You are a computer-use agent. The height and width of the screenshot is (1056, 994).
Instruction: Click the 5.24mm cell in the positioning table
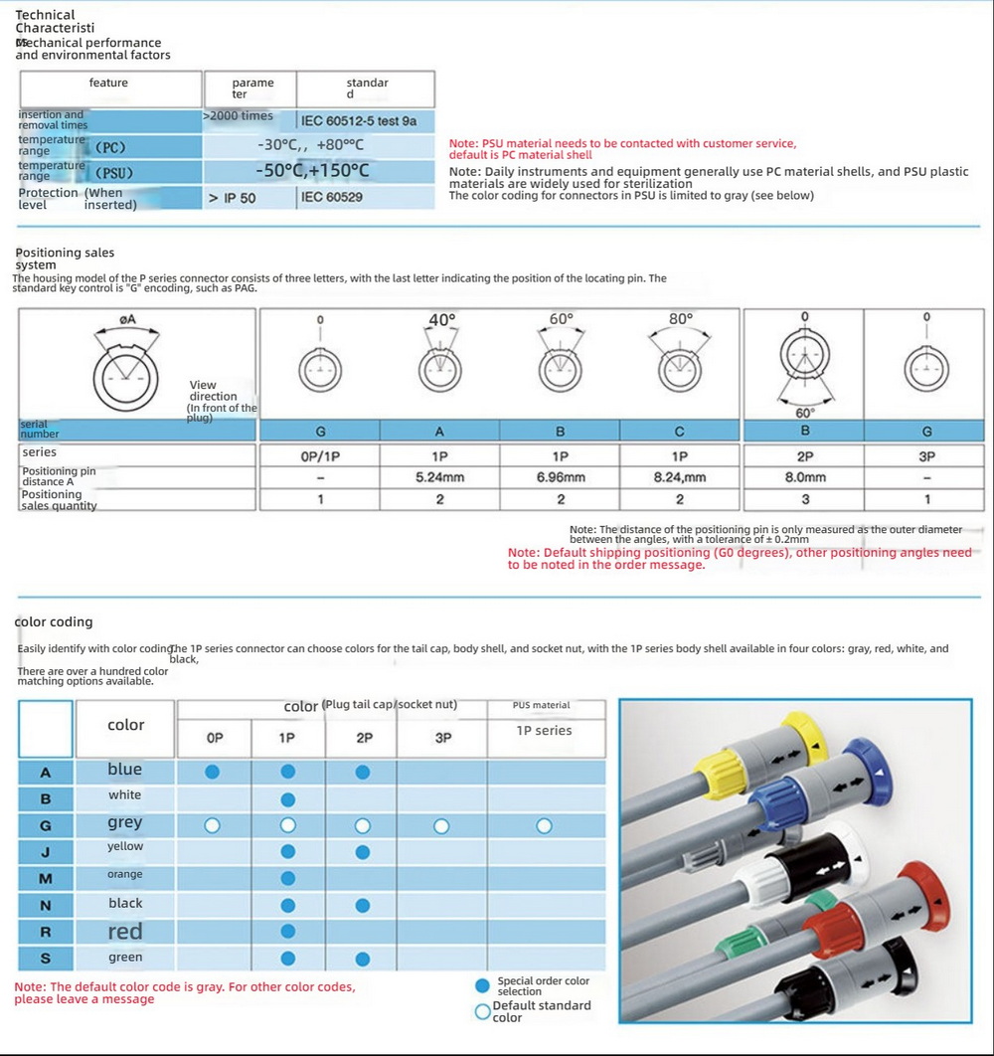click(x=440, y=477)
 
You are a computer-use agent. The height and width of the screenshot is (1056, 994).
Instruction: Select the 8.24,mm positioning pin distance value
click(x=680, y=477)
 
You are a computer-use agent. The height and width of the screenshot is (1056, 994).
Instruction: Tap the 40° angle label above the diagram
click(x=441, y=320)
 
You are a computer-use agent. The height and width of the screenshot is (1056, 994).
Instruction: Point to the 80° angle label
click(x=681, y=319)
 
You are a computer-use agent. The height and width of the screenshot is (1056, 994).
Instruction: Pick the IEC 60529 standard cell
click(x=333, y=198)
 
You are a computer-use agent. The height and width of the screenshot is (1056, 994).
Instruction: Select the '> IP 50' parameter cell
click(x=233, y=198)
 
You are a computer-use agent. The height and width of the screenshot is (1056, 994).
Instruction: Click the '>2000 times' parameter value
click(x=238, y=116)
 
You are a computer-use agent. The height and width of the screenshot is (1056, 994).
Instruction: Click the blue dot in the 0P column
click(x=212, y=772)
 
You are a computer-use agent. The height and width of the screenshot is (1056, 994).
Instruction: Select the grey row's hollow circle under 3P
click(x=441, y=825)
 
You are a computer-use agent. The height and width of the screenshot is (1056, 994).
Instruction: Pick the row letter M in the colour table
click(x=45, y=878)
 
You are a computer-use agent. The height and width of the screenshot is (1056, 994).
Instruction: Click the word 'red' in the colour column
click(x=125, y=932)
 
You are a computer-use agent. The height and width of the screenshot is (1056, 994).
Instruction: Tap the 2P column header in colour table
click(x=364, y=739)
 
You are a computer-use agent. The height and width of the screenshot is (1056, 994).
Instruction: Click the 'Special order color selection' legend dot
click(x=483, y=985)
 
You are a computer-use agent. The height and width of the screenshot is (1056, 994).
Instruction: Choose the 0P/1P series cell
click(x=320, y=455)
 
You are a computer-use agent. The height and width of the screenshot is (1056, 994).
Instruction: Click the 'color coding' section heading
click(x=54, y=622)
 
